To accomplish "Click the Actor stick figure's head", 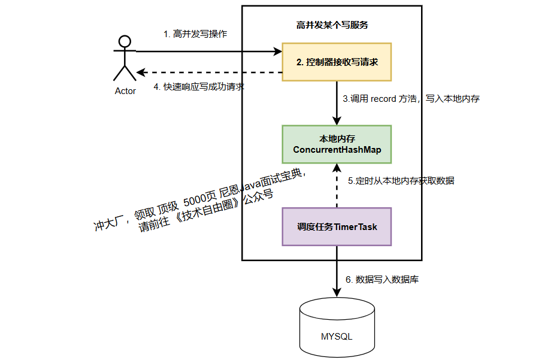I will pos(124,41).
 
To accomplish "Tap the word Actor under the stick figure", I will pos(125,91).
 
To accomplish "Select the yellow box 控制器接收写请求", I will pos(337,62).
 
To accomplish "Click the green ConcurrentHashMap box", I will pos(337,144).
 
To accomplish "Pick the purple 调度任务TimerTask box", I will pos(337,227).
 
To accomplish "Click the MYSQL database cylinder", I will pos(337,328).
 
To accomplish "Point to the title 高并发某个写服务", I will pos(332,25).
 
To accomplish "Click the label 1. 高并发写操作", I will pos(195,34).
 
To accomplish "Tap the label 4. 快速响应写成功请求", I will pos(199,86).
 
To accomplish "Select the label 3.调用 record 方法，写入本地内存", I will pos(410,99).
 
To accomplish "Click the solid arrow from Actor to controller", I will pos(210,52).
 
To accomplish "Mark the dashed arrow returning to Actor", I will pos(210,72).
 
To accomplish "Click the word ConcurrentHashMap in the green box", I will pos(337,150).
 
